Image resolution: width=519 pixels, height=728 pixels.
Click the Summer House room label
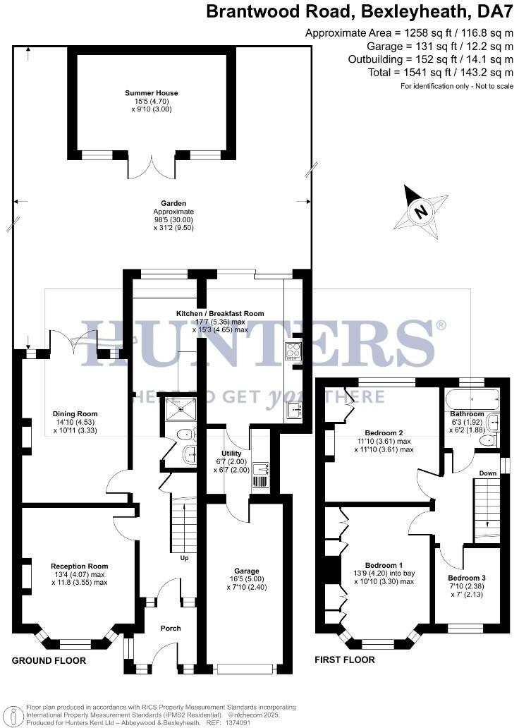(151, 93)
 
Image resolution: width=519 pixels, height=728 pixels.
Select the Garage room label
(246, 571)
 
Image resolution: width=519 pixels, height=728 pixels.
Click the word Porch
(171, 628)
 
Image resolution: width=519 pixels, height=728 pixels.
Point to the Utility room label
(231, 454)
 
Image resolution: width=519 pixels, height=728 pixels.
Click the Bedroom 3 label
(466, 578)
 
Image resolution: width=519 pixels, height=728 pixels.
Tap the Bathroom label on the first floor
(468, 414)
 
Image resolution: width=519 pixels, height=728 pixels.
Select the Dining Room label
(75, 414)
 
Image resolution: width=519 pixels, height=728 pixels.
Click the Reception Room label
(79, 566)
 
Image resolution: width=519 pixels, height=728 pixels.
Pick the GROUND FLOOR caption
(49, 661)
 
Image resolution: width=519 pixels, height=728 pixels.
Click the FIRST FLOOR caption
(346, 660)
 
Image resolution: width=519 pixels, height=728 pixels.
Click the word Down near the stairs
(487, 473)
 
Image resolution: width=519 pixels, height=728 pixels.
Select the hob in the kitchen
(293, 351)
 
